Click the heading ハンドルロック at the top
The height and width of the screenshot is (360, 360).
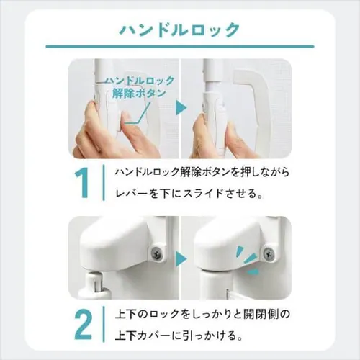pyautogui.click(x=179, y=30)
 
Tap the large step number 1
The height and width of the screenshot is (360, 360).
pyautogui.click(x=83, y=183)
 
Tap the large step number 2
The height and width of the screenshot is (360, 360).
pyautogui.click(x=83, y=325)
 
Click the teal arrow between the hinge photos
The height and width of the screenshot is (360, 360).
pyautogui.click(x=181, y=258)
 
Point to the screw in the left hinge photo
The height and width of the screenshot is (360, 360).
pyautogui.click(x=158, y=252)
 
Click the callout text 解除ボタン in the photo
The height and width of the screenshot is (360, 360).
pyautogui.click(x=139, y=94)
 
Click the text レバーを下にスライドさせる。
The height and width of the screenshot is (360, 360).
pyautogui.click(x=189, y=194)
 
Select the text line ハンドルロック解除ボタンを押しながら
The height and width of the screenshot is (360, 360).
pyautogui.click(x=202, y=172)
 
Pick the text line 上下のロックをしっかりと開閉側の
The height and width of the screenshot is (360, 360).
pyautogui.click(x=202, y=314)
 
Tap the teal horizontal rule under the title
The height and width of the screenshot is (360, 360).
pyautogui.click(x=180, y=46)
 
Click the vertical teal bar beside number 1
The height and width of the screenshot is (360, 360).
pyautogui.click(x=104, y=182)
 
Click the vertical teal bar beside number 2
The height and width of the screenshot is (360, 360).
pyautogui.click(x=104, y=324)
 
